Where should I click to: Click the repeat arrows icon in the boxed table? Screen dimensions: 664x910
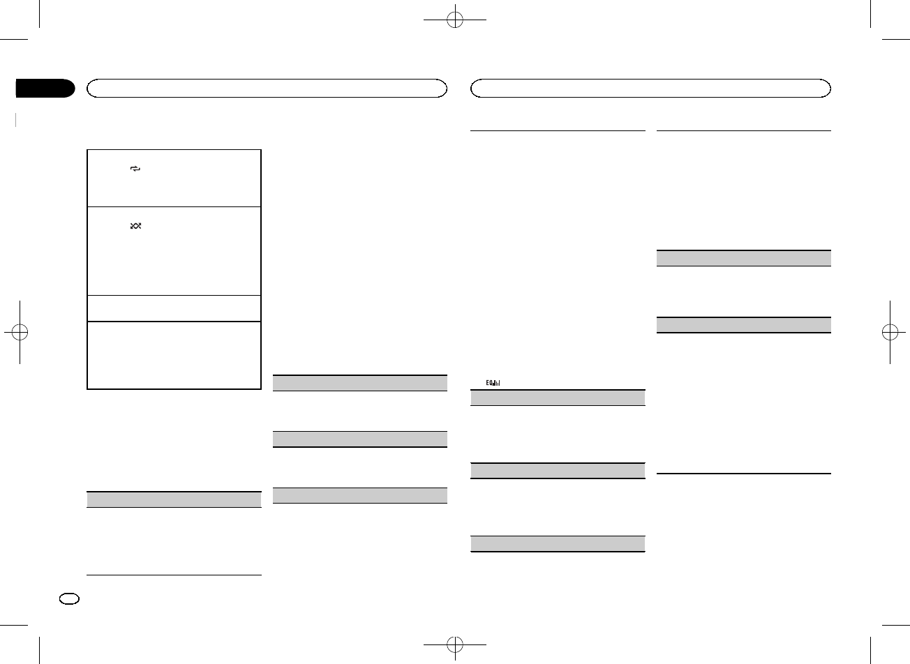coord(135,169)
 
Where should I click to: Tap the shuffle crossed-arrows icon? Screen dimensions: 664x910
coord(135,227)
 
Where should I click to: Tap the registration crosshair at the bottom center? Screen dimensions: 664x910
coord(455,642)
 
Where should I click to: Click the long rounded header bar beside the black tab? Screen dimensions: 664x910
coord(266,88)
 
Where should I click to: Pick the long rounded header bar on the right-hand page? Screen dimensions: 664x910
coord(650,88)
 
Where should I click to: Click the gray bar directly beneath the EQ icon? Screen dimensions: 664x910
coord(557,398)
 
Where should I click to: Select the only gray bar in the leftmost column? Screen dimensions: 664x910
coord(174,499)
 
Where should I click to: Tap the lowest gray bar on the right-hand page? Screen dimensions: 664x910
coord(557,543)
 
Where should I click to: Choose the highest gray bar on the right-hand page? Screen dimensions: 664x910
coord(745,258)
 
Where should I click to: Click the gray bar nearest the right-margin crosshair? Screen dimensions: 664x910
coord(745,324)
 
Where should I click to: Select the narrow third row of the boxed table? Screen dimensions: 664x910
coord(174,308)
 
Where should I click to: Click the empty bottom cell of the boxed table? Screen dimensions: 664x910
coord(174,354)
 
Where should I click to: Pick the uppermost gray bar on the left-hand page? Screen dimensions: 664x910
coord(359,383)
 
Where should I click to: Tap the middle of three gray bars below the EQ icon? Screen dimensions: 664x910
coord(557,470)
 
